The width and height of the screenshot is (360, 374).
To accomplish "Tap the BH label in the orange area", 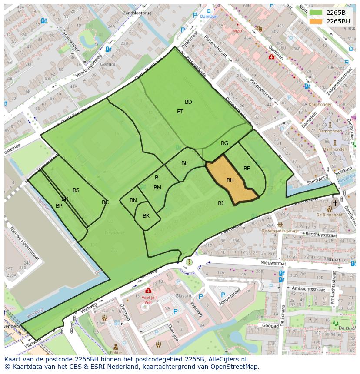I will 230,180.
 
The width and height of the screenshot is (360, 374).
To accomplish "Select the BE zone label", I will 247,169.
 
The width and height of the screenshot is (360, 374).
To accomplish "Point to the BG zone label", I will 224,143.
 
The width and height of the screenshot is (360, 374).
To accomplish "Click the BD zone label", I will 188,102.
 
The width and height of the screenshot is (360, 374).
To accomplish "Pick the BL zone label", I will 184,163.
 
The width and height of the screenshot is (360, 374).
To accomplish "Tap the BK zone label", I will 146,216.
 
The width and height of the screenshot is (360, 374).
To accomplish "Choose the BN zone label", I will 133,200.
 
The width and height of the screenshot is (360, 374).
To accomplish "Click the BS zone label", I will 76,190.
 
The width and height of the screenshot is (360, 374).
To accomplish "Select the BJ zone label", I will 220,203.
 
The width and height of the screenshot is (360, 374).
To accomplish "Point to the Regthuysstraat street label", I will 322,235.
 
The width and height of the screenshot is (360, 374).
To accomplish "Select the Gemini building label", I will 107,64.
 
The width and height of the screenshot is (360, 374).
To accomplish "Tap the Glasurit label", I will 183,295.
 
